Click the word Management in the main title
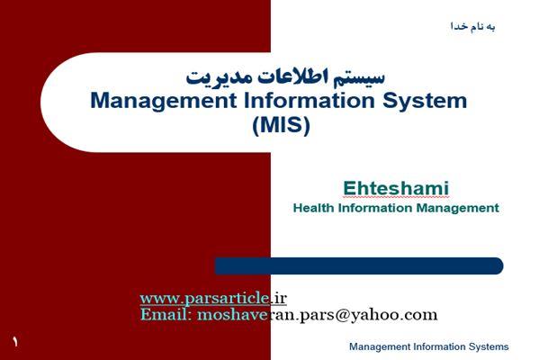point(164,102)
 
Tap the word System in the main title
point(425,102)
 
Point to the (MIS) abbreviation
point(281,125)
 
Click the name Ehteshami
point(396,188)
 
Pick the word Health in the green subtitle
point(313,208)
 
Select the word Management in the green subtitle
point(457,209)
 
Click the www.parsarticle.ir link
point(213,298)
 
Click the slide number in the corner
point(15,341)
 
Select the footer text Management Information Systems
point(429,346)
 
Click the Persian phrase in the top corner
point(473,26)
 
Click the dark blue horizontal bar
point(359,265)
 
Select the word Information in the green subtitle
point(375,208)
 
